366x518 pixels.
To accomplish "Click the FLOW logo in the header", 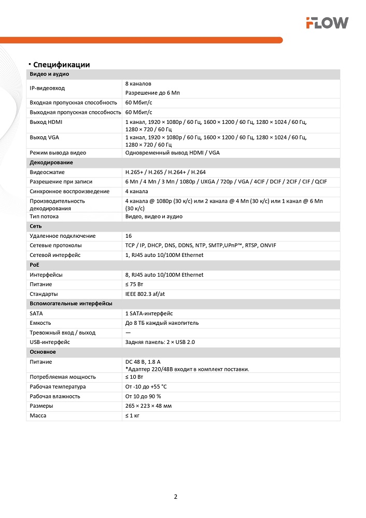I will point(327,22).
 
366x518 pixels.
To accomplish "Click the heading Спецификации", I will point(61,65).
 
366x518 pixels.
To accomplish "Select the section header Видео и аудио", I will point(49,74).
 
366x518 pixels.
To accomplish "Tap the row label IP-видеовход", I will point(47,89).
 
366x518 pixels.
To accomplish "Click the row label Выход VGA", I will point(45,137).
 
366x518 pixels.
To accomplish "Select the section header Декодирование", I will point(51,163).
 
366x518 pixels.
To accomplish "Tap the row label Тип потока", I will point(44,217).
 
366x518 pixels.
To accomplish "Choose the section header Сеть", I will point(36,226).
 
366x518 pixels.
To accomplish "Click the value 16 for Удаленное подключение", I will point(129,236).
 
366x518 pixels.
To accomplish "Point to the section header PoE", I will point(34,265).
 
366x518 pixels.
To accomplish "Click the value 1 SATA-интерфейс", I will point(149,313).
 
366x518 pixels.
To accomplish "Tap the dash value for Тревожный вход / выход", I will point(128,333).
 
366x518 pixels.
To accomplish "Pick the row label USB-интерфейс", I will point(50,342).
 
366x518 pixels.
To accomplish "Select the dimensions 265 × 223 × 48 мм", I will point(148,406).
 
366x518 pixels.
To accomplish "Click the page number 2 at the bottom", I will point(175,497).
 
